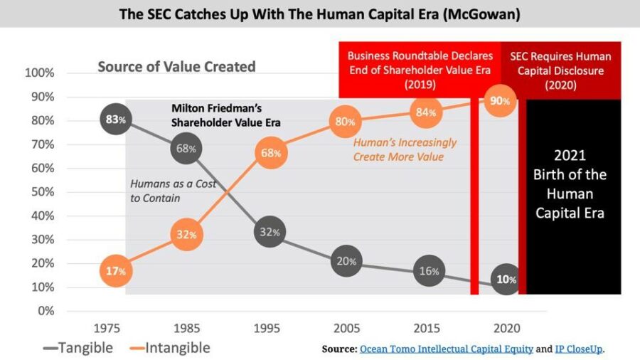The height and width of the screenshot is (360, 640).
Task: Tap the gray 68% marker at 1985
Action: tap(187, 149)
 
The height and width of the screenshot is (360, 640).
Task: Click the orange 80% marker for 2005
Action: tap(346, 122)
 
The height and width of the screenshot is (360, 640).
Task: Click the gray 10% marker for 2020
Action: tap(506, 280)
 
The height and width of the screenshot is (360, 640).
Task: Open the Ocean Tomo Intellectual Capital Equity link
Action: tap(447, 349)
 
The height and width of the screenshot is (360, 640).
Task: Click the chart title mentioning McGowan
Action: tap(319, 14)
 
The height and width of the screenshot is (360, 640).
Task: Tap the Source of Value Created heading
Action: tap(176, 67)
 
